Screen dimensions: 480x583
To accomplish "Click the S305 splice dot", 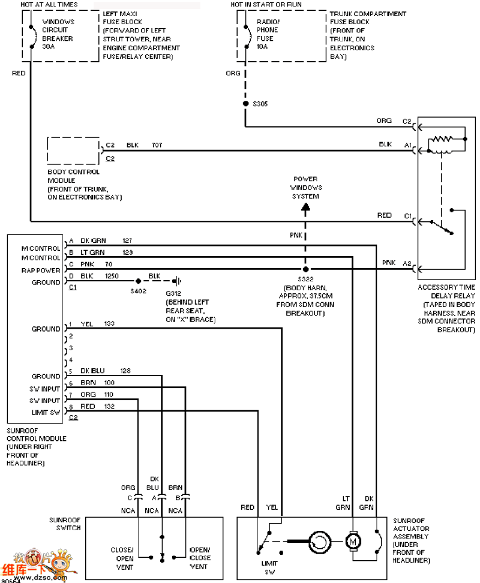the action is [245, 103].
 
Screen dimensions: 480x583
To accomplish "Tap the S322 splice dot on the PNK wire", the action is [305, 269].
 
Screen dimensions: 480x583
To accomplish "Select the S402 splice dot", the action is [139, 281].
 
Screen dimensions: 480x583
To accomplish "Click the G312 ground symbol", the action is [178, 281].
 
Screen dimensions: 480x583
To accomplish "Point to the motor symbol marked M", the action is [353, 542].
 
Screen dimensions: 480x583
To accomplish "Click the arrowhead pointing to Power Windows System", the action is [305, 209].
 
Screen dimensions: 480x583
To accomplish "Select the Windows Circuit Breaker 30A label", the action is [58, 34].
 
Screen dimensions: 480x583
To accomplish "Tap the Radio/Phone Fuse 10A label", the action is [268, 34].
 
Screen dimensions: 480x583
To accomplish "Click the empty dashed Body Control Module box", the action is [73, 151].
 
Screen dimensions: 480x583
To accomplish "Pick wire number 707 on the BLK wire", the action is [157, 145].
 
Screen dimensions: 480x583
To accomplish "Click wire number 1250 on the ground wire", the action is [112, 276].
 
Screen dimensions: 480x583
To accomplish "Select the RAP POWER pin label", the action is [41, 271].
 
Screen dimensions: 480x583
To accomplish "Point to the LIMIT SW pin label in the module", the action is [46, 412].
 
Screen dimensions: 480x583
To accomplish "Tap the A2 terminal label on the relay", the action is [407, 263].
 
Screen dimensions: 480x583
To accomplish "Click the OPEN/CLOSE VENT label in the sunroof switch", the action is [200, 558].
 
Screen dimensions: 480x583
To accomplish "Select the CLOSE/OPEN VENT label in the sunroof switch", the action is [122, 558].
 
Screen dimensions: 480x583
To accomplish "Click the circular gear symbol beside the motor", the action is [319, 542].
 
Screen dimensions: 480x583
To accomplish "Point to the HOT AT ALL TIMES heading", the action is [49, 4].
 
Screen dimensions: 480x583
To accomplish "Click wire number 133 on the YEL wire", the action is [109, 323].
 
